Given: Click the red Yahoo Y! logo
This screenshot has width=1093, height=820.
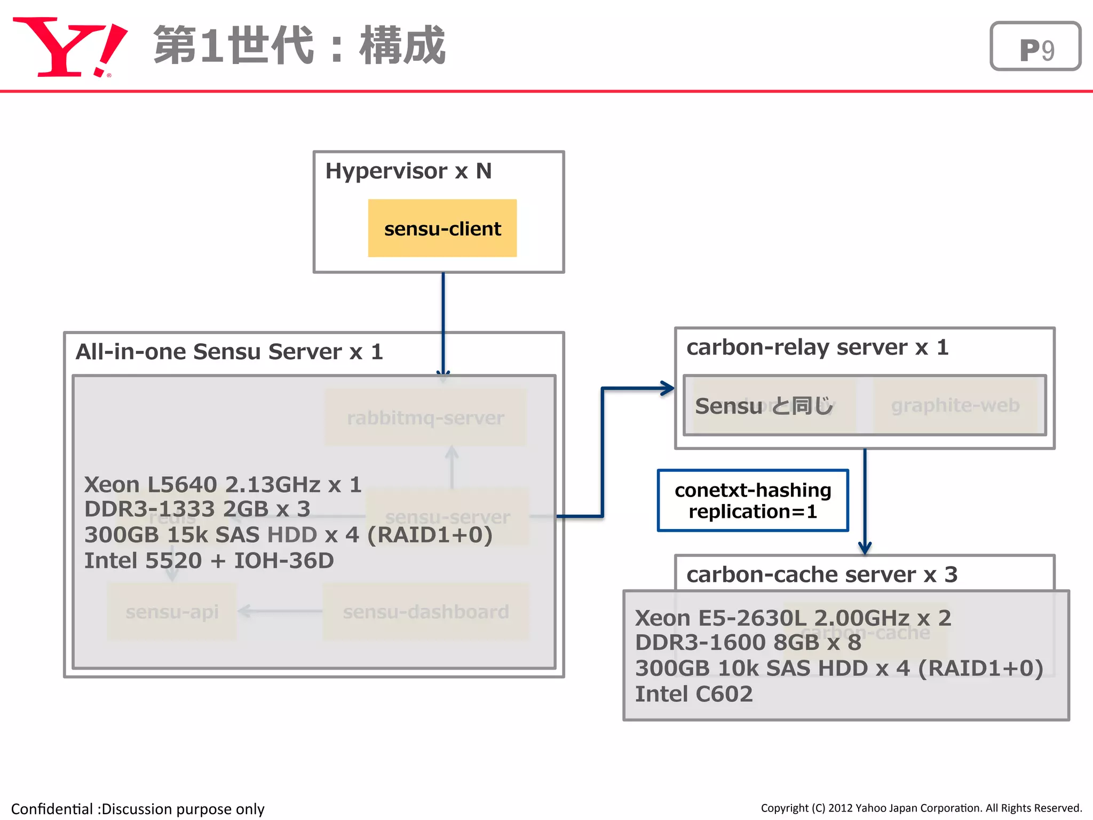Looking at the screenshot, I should [x=69, y=47].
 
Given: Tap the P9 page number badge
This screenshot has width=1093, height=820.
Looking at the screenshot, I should [x=1035, y=47].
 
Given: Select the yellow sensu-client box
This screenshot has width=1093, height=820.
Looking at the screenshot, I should [x=442, y=228].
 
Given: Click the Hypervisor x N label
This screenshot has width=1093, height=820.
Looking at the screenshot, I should [x=408, y=171].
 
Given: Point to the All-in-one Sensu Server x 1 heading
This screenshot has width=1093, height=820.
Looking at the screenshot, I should [x=229, y=352].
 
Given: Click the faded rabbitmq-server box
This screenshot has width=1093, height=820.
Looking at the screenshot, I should [x=425, y=417].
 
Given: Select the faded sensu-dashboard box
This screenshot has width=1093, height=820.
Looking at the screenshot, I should [x=425, y=612].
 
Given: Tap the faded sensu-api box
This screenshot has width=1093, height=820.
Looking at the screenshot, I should [x=171, y=612].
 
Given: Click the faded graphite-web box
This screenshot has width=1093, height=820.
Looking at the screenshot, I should [x=955, y=406].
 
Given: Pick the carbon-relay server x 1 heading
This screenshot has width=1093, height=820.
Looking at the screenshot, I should [x=817, y=348].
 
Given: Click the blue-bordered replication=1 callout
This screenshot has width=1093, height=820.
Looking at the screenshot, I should [x=753, y=501].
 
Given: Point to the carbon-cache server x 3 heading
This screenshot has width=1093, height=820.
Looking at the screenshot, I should [x=821, y=575].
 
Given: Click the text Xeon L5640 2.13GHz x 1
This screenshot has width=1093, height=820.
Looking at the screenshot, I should [x=223, y=485].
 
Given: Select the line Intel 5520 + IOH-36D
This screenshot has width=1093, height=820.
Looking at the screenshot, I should [x=209, y=561].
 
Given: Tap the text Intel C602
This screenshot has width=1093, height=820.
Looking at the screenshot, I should [x=693, y=694].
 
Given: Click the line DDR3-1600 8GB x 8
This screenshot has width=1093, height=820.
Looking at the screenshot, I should [x=747, y=643].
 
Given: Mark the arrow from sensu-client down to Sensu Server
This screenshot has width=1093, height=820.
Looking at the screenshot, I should [x=443, y=320].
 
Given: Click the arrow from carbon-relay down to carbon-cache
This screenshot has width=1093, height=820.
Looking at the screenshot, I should [x=865, y=502].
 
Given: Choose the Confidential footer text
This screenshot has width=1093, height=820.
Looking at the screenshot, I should [x=138, y=809].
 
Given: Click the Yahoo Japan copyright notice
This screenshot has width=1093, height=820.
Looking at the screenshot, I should [x=921, y=808].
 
